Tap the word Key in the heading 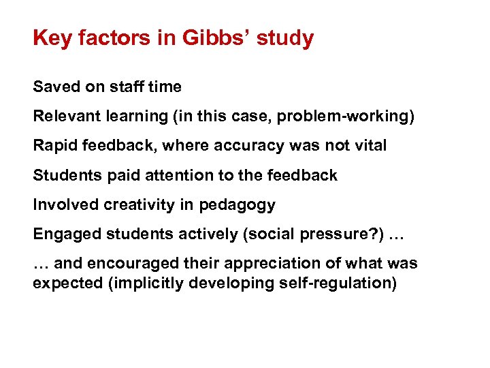(x=52, y=38)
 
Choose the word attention (x=170, y=175)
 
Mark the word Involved (x=61, y=204)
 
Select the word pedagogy (x=242, y=205)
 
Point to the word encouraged (x=125, y=263)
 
